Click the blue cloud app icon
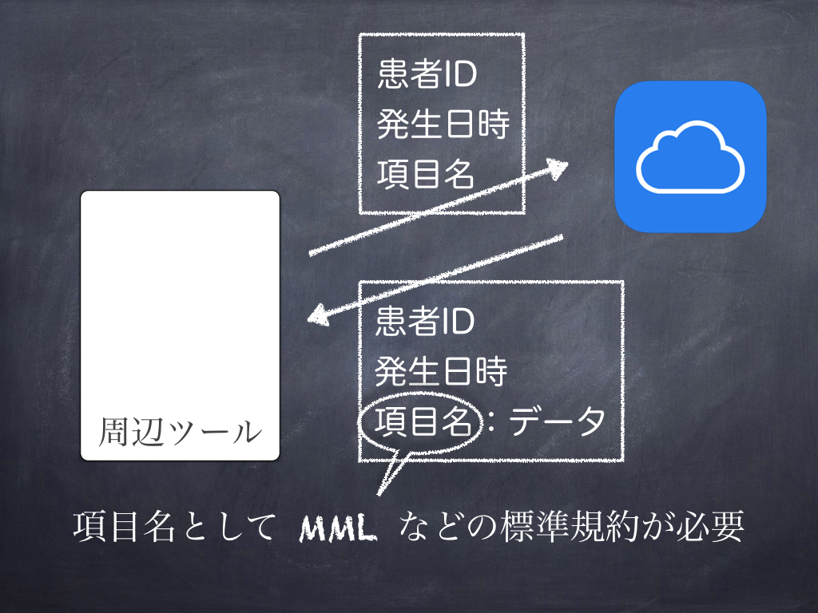(690, 156)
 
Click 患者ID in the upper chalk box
(427, 73)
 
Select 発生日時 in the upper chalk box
(443, 124)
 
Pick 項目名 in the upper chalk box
(426, 173)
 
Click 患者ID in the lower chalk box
(425, 321)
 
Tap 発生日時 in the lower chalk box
(441, 370)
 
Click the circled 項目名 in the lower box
(423, 421)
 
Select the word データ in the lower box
(557, 421)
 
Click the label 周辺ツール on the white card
(180, 432)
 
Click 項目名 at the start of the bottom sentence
(124, 527)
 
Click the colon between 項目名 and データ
(491, 422)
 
